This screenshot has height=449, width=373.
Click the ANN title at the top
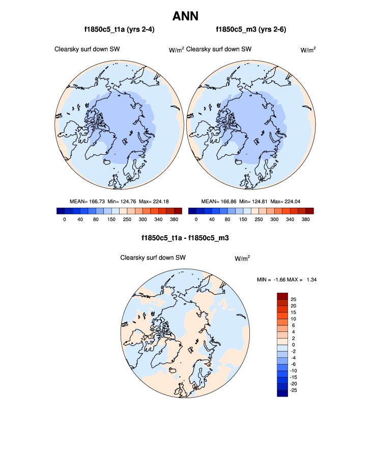tap(185, 16)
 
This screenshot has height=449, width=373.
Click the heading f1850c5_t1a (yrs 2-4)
tap(120, 30)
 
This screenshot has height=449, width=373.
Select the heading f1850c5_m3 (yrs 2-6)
tap(251, 30)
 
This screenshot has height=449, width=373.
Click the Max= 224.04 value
tap(287, 201)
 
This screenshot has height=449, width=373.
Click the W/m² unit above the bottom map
tap(242, 259)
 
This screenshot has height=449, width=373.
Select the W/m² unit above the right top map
tap(308, 50)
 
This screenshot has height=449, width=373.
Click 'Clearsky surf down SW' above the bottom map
tap(153, 258)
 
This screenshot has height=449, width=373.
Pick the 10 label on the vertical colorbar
tap(294, 319)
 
